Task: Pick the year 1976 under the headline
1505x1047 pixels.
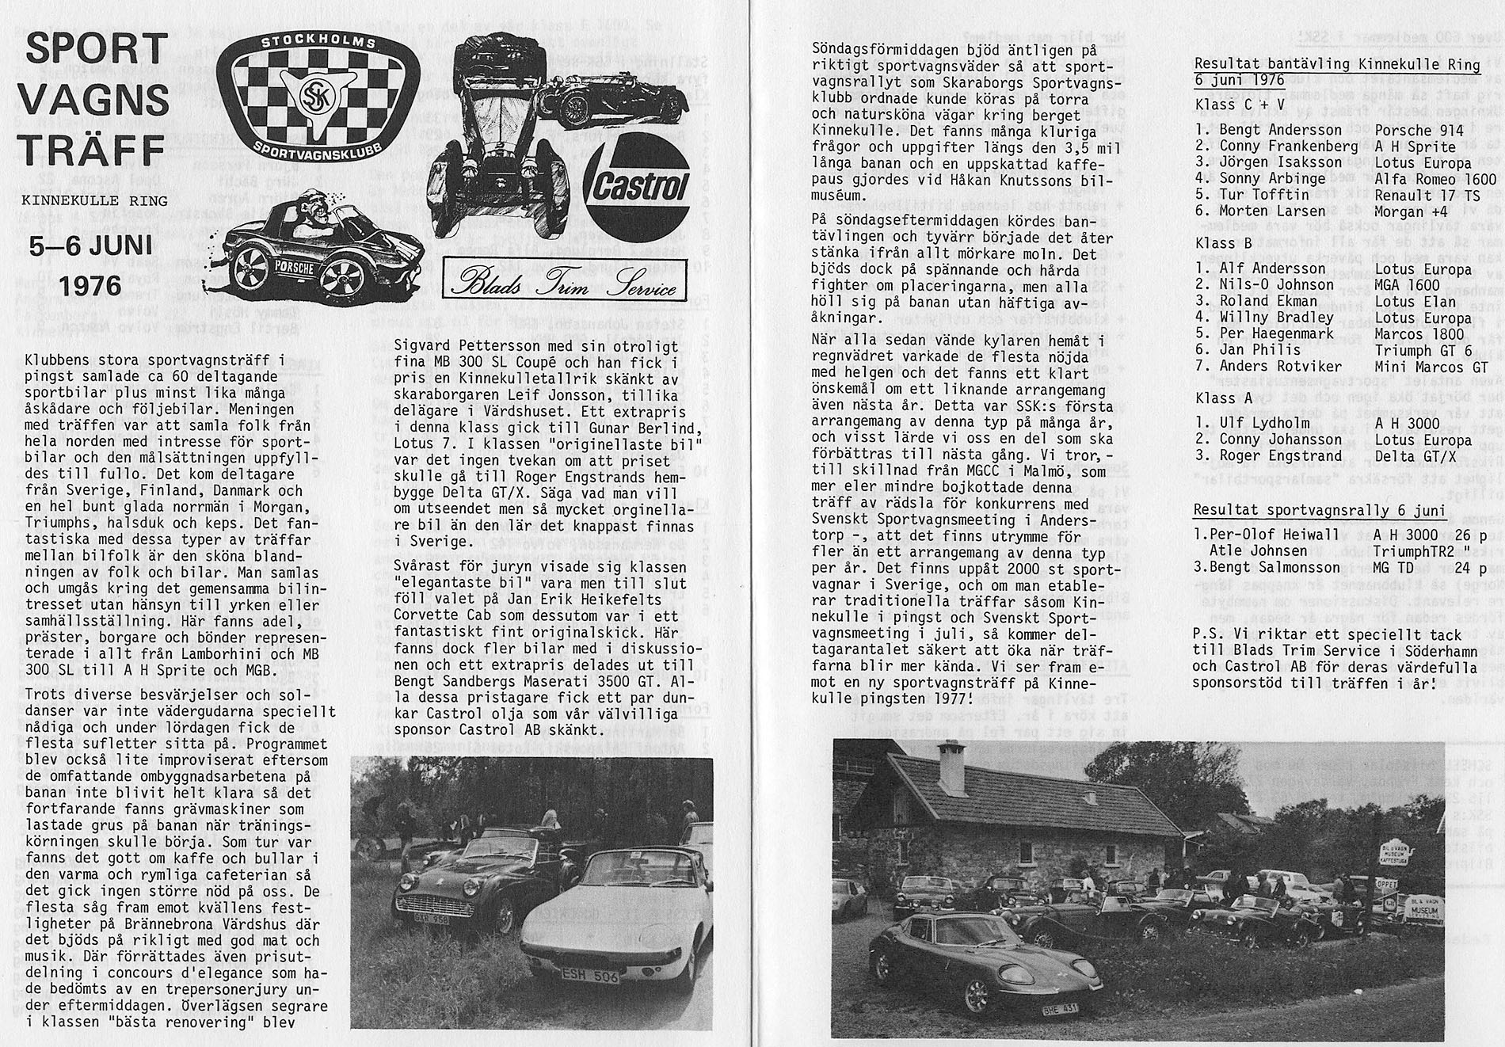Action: click(x=91, y=285)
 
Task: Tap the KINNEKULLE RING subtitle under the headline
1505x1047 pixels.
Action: click(x=95, y=201)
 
